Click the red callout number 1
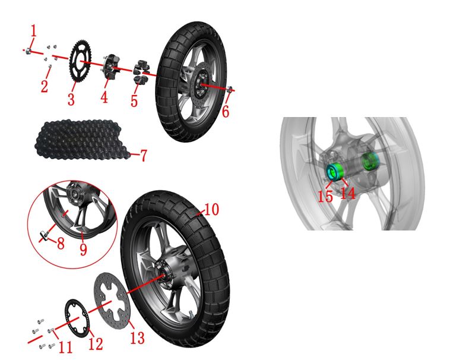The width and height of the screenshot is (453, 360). point(34,31)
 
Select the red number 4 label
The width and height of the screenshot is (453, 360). point(104,97)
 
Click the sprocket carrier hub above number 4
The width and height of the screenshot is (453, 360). point(109,67)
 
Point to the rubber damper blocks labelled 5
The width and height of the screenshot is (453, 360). point(141,71)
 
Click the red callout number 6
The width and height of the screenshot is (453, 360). point(226,111)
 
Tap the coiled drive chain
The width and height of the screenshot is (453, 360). point(81,140)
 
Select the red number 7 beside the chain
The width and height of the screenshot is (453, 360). point(144,155)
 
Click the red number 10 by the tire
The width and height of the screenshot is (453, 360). point(212,209)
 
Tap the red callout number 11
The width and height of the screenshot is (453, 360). point(65,347)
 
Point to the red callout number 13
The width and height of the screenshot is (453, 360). point(137,337)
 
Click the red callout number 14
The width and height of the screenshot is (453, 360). point(348,193)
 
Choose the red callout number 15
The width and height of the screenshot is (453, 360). point(325,197)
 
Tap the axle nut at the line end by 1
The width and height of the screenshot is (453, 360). point(28,51)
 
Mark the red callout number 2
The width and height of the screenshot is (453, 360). point(44,86)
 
